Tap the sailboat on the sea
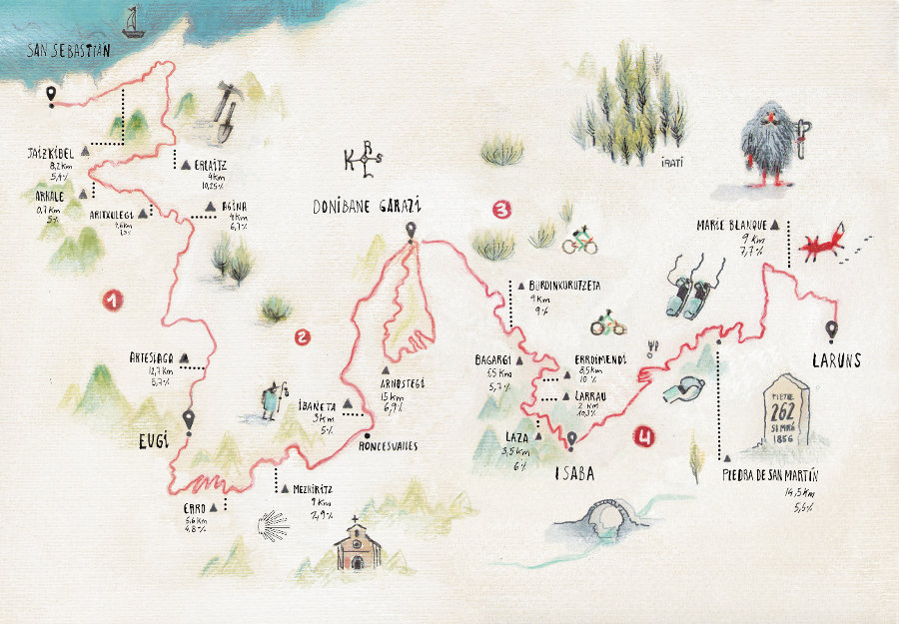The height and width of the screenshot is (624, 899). coord(132,21)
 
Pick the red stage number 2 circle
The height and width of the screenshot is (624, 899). coord(303,337)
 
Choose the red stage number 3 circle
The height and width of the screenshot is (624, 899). coord(502,210)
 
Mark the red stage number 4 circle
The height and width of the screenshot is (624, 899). coord(647,435)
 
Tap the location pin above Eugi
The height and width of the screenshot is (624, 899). coord(189,420)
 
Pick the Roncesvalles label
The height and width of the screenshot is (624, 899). coord(389,445)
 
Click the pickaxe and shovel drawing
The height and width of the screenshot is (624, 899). coord(226,109)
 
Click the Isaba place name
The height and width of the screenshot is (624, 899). coord(574,475)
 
